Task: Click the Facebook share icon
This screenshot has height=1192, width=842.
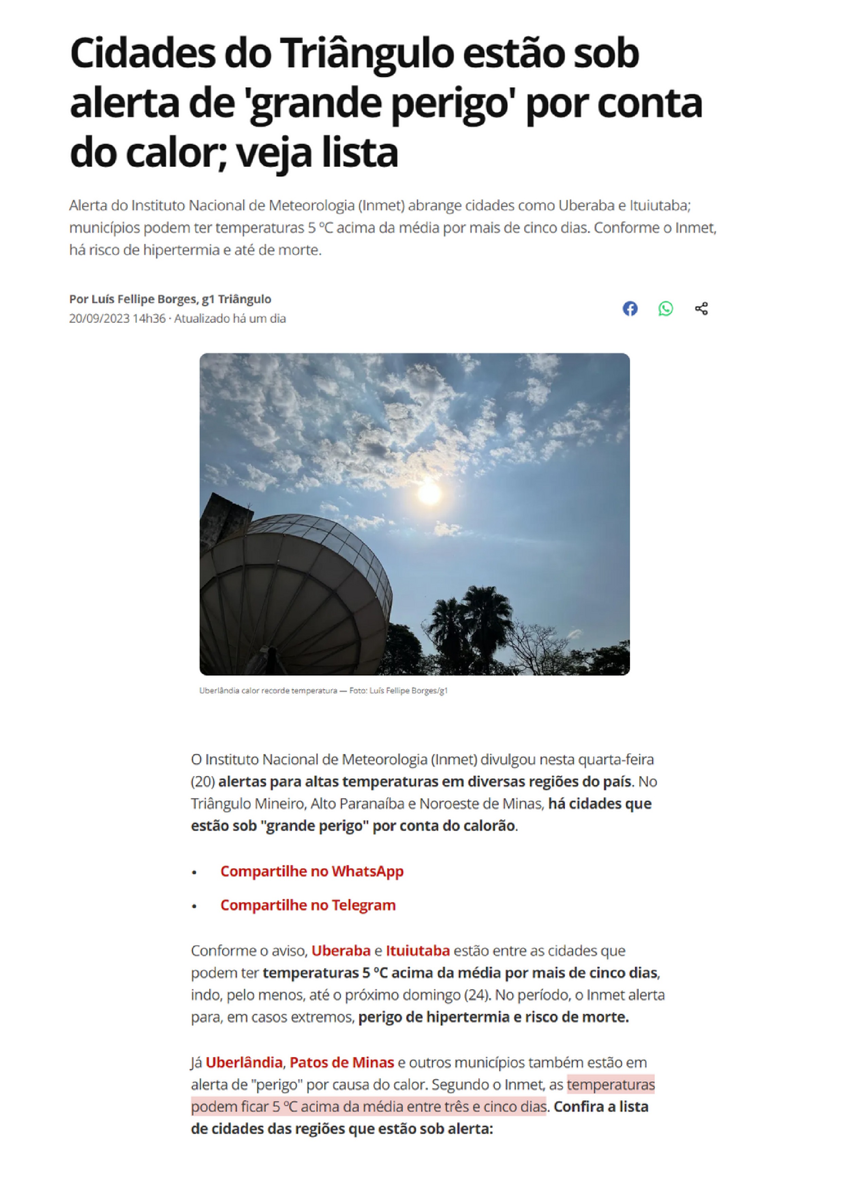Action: (630, 308)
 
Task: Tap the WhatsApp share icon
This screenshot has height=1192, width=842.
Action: (665, 308)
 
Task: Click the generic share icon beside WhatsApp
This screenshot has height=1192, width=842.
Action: (701, 308)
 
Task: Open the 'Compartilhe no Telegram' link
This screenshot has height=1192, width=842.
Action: (308, 905)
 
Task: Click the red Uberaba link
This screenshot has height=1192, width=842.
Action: (341, 950)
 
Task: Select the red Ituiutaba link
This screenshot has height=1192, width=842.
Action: (417, 950)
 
